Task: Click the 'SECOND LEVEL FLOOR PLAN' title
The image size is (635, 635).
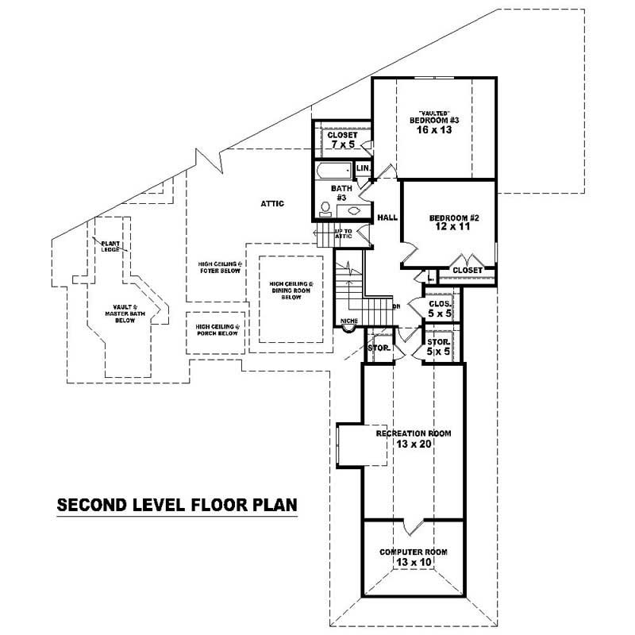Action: (175, 505)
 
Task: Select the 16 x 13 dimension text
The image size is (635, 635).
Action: (433, 130)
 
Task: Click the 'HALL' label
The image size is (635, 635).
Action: (387, 217)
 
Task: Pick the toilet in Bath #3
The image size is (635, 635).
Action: (325, 209)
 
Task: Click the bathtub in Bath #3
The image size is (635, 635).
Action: (333, 171)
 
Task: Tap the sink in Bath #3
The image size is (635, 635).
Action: (354, 211)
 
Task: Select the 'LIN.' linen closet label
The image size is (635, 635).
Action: (364, 169)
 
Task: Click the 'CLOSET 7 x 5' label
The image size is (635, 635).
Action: (342, 140)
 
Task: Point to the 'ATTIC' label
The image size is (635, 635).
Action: (272, 204)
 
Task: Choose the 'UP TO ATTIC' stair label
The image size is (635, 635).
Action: (343, 234)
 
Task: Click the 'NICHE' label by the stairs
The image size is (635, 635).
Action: (347, 321)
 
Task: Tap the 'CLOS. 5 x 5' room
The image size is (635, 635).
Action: (439, 309)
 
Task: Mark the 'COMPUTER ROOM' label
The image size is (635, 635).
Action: (413, 552)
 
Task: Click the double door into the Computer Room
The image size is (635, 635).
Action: (413, 525)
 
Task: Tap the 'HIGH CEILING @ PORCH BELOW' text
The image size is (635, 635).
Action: (217, 330)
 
